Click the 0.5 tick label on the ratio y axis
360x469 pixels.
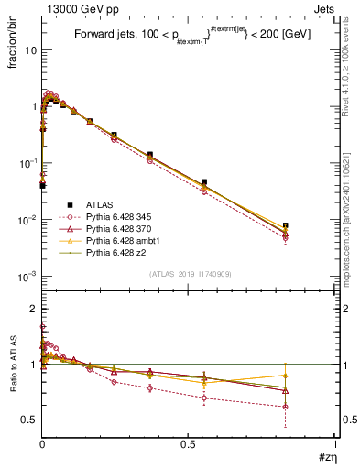pos(27,420)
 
